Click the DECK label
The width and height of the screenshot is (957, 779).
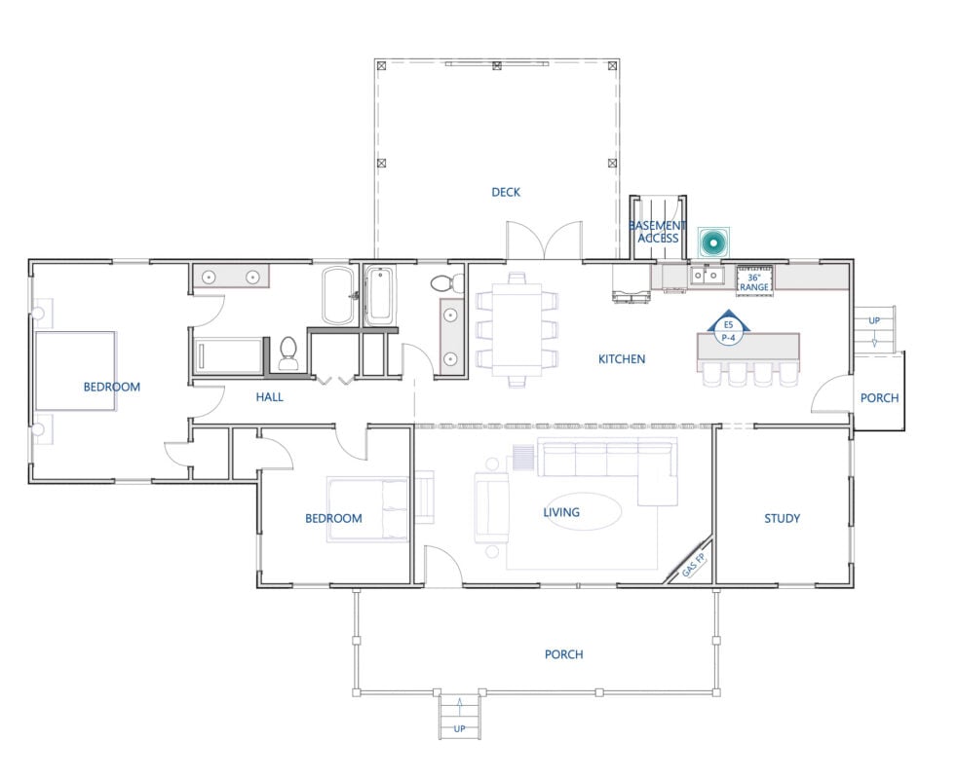[x=506, y=192]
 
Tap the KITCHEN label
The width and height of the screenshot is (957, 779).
[x=622, y=359]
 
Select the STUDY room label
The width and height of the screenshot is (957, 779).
[x=782, y=518]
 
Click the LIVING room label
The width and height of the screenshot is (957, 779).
[x=561, y=512]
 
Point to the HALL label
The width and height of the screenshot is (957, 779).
[x=269, y=397]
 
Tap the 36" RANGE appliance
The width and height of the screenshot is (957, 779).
[x=754, y=281]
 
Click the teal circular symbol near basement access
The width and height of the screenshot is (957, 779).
[x=712, y=243]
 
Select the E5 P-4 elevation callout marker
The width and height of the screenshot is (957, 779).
[x=728, y=331]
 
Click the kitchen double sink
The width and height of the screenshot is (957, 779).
[x=707, y=276]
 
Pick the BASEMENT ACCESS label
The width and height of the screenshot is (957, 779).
[x=658, y=232]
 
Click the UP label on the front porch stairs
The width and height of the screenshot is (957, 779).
[x=460, y=728]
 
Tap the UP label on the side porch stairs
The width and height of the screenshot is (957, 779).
[x=874, y=320]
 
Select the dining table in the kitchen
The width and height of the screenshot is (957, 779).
[x=517, y=330]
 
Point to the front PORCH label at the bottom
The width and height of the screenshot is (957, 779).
[x=564, y=654]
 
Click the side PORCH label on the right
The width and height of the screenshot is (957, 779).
[x=879, y=398]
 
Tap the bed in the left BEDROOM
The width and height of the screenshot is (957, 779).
[x=76, y=371]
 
